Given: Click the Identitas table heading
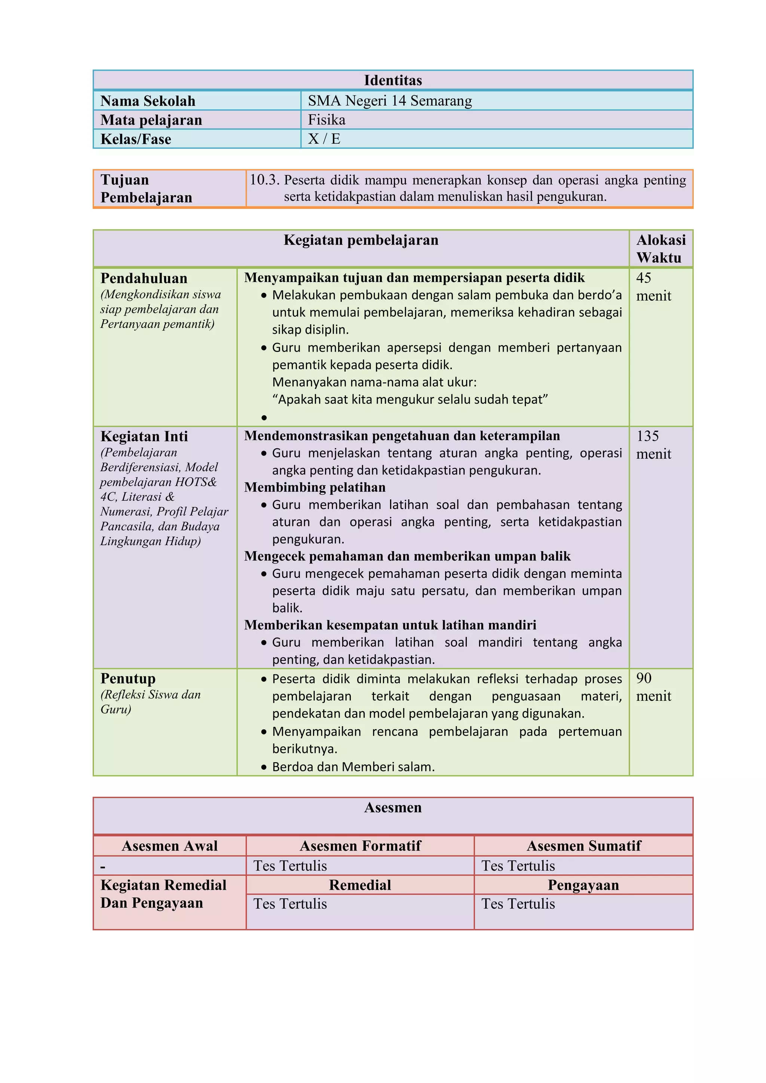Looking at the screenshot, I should [392, 80].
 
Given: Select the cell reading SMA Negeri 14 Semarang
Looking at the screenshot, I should [390, 101].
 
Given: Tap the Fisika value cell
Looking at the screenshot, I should [327, 120].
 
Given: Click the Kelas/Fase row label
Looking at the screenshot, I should [136, 139].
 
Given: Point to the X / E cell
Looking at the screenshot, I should [324, 139].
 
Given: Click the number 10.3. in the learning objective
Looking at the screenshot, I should [264, 180].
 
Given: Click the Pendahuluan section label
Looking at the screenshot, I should [144, 278].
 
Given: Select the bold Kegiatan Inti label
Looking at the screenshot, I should [144, 436].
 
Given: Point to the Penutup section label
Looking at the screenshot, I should [128, 678].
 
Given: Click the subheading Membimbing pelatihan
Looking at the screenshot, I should [315, 487].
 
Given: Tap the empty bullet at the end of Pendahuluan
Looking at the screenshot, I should [264, 417].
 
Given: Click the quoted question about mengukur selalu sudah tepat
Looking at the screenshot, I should [410, 399].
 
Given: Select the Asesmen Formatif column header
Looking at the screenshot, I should [360, 846].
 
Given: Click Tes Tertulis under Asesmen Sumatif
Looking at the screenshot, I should [518, 866].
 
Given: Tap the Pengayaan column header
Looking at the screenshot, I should [583, 885].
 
